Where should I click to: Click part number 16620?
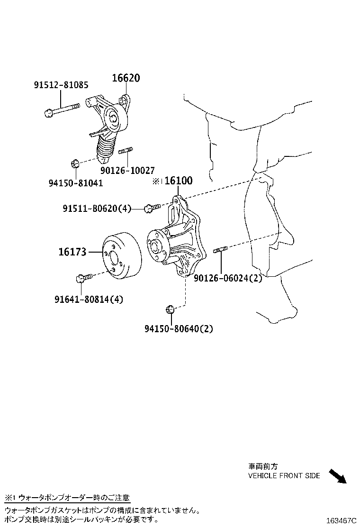[x=126, y=78]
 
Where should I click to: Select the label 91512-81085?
[x=61, y=85]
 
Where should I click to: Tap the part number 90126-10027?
[x=127, y=170]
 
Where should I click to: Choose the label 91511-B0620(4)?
[x=97, y=208]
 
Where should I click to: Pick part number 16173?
[x=72, y=252]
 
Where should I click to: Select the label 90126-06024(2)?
[x=227, y=278]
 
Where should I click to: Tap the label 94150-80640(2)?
[x=179, y=328]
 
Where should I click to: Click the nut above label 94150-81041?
[x=74, y=164]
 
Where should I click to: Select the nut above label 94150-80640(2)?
[x=170, y=310]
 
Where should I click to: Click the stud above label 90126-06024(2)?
[x=221, y=250]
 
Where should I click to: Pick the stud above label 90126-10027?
[x=125, y=151]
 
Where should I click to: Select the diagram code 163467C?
[x=340, y=520]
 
